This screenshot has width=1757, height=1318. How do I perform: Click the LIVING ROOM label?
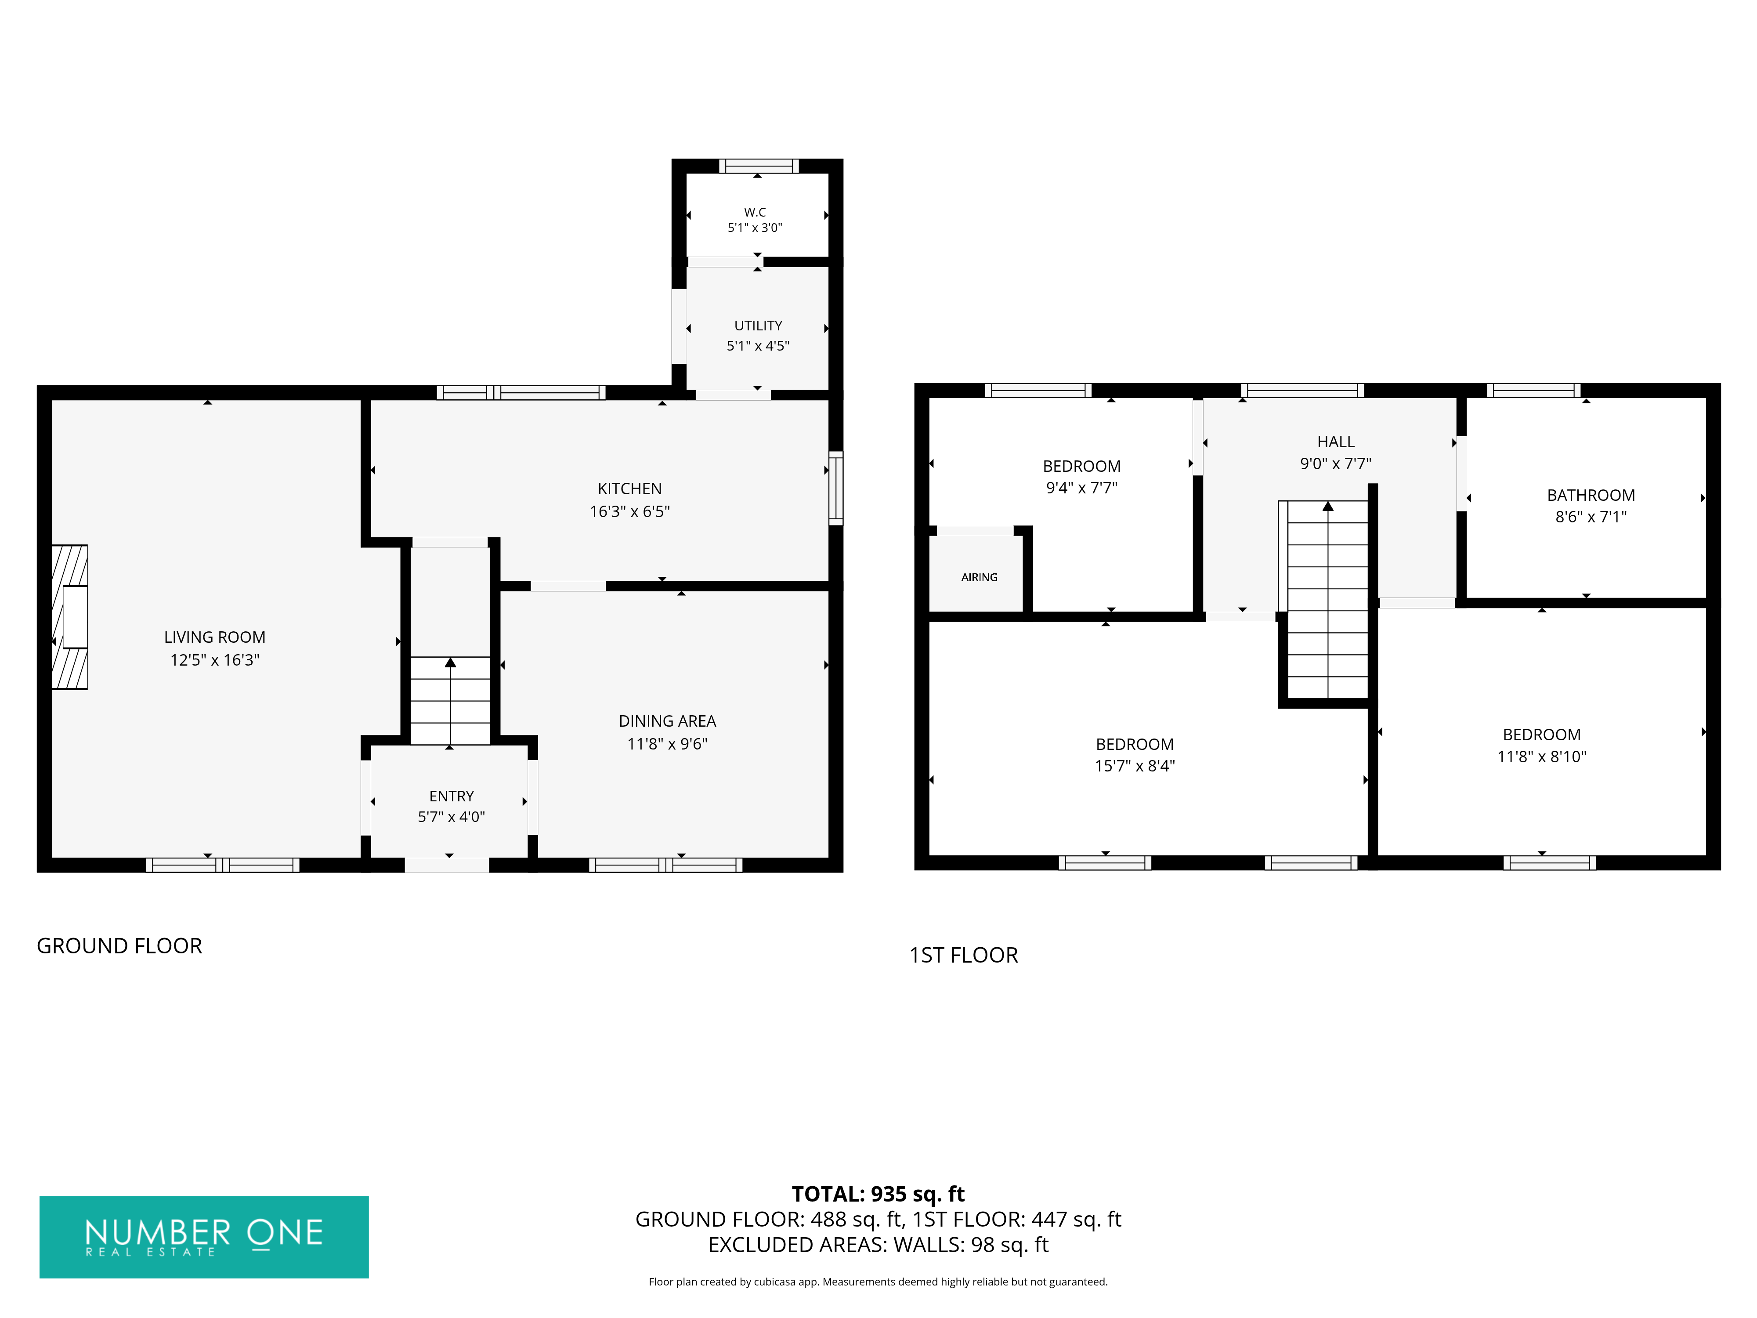point(214,637)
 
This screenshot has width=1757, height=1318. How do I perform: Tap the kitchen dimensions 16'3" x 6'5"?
point(630,512)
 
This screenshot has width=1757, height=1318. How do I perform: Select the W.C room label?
point(755,212)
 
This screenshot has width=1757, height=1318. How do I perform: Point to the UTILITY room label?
point(758,326)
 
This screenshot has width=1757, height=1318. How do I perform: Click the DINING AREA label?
point(667,721)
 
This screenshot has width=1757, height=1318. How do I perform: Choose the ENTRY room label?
point(451,796)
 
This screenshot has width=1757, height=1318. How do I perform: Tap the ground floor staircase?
point(450,701)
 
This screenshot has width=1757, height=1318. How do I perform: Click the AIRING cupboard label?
point(980,578)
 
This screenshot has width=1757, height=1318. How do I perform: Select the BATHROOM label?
point(1591,495)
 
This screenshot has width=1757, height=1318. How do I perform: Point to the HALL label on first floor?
point(1336,442)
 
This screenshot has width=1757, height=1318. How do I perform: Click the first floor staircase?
point(1327,600)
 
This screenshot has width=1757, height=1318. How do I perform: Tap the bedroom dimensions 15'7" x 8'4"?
point(1135,766)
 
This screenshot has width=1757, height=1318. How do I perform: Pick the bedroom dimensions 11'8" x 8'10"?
point(1542,757)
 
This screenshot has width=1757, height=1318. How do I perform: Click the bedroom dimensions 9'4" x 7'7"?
point(1082,488)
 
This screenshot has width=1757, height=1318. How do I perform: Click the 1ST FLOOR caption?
point(963,955)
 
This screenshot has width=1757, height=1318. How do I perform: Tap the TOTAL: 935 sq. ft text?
point(878,1194)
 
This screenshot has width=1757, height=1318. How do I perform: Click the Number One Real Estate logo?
point(204,1237)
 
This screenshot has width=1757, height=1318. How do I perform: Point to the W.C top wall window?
point(759,166)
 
